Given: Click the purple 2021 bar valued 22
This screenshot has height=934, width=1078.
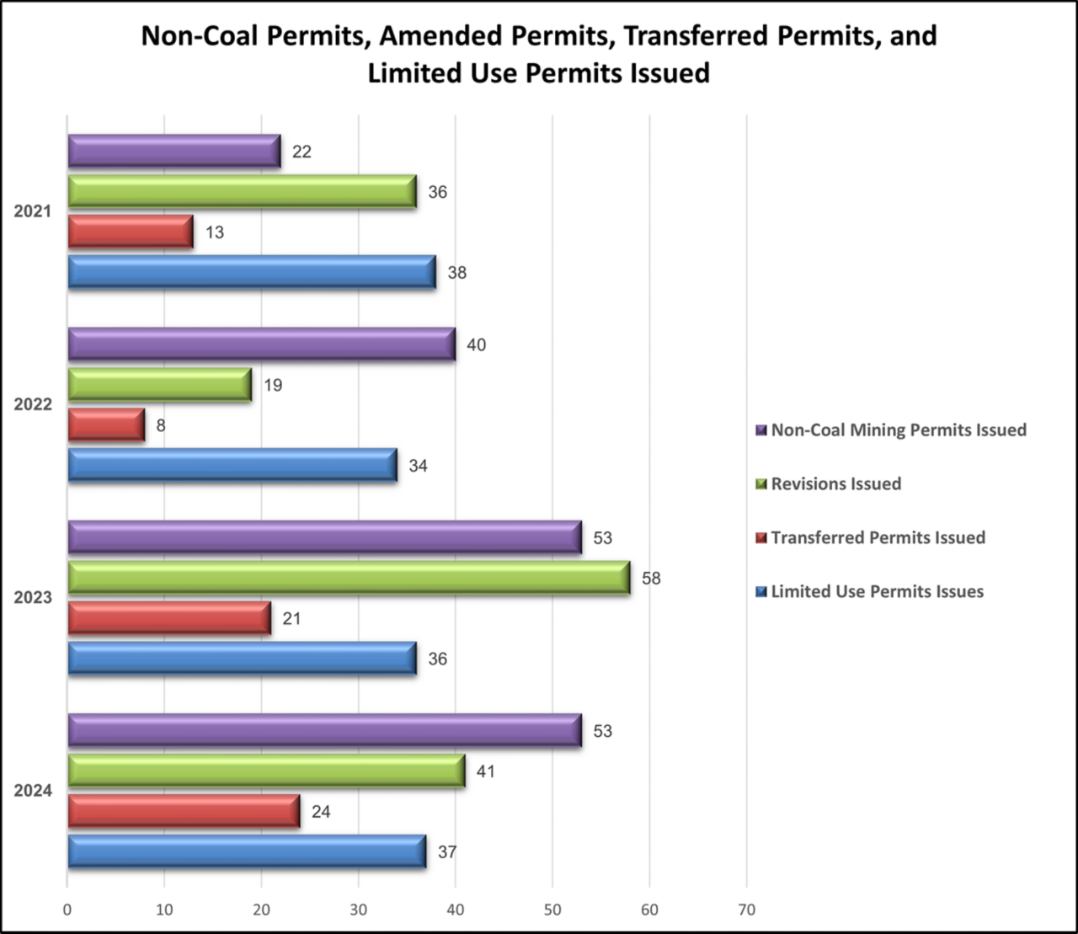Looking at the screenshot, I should (x=173, y=152).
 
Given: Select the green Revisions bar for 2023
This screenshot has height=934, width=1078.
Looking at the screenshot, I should (x=349, y=578).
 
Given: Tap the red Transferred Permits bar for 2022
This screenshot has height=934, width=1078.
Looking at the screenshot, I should (x=106, y=425).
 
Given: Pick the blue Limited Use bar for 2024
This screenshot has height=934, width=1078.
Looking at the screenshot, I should (x=247, y=851).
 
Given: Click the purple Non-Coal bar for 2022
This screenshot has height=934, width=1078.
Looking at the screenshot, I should (x=261, y=344).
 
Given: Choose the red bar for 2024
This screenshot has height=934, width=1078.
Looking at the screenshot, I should (x=184, y=811).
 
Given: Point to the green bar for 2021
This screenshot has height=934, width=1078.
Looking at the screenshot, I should (x=242, y=192).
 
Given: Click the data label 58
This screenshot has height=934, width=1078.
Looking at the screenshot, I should (x=651, y=579).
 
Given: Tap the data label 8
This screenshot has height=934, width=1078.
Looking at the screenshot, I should (x=161, y=425).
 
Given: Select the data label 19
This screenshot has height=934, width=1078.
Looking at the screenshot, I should (x=273, y=385).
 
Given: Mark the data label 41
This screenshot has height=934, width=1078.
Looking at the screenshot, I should (x=486, y=771).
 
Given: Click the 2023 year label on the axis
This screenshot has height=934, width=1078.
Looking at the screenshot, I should (x=33, y=598).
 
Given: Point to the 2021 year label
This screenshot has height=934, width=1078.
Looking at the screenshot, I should (x=33, y=211).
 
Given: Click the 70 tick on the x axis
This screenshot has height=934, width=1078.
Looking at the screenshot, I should (x=746, y=910).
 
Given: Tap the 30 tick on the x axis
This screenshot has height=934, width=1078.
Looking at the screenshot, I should (x=358, y=910).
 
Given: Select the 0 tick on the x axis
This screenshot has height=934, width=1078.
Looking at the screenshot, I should (x=67, y=910).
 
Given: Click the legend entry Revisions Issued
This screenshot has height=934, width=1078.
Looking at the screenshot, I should (x=835, y=484).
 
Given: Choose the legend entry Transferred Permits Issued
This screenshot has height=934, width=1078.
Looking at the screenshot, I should (x=878, y=538).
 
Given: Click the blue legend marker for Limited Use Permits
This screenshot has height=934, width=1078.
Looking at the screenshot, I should (x=761, y=592).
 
